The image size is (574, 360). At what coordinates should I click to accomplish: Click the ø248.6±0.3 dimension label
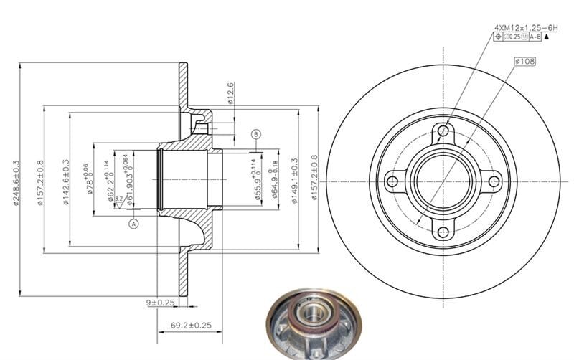click(16, 182)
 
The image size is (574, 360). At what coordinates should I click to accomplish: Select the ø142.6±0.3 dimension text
click(65, 182)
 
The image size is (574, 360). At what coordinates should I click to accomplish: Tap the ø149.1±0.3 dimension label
click(294, 181)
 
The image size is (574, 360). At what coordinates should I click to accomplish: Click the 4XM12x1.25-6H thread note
click(520, 27)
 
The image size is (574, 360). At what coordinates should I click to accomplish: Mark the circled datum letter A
click(133, 224)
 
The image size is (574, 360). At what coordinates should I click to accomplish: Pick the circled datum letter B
click(256, 134)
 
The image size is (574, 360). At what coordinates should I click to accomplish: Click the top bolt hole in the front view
click(443, 131)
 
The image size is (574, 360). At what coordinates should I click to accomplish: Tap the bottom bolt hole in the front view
click(443, 232)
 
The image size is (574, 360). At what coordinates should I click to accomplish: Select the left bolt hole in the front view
click(392, 181)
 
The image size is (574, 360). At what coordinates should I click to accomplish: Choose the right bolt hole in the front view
click(494, 181)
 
